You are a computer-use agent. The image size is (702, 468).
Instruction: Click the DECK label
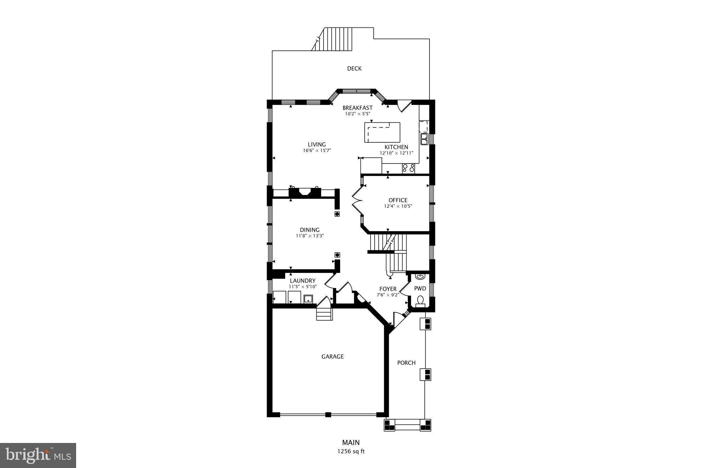coord(354,69)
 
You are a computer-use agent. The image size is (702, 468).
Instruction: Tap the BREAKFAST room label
coord(357,108)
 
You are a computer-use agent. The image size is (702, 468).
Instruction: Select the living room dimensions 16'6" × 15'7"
coord(316,151)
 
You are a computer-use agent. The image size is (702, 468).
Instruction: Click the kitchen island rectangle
coord(382,132)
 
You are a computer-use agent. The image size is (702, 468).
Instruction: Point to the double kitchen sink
coord(424,139)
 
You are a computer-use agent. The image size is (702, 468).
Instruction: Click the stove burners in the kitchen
coord(408,168)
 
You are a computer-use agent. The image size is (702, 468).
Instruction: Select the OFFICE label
coord(398,200)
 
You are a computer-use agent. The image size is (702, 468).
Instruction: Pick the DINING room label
coord(310,230)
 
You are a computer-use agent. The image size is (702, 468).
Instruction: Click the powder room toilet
coord(420,301)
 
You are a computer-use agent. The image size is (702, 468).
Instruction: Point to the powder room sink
coord(420,276)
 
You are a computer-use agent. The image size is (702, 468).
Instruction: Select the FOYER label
coord(388,289)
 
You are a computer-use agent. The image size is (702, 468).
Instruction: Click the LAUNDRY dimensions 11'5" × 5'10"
coord(303,287)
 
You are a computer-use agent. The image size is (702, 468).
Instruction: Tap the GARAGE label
coord(332,357)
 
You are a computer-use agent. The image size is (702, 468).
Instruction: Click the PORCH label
coord(406,363)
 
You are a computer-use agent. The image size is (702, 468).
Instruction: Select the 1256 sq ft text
coord(351,452)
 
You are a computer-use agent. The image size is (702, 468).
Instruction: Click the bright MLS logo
coord(38,455)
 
